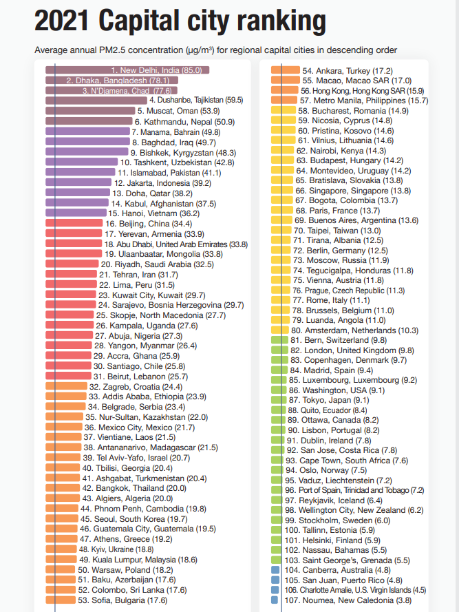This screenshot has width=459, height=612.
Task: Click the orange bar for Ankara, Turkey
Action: click(x=285, y=70)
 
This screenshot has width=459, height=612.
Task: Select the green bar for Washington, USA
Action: click(x=279, y=390)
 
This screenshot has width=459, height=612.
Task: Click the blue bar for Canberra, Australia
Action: click(x=275, y=570)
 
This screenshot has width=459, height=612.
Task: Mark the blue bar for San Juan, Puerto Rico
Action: click(x=275, y=580)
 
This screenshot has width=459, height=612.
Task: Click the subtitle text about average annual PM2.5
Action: click(x=215, y=50)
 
